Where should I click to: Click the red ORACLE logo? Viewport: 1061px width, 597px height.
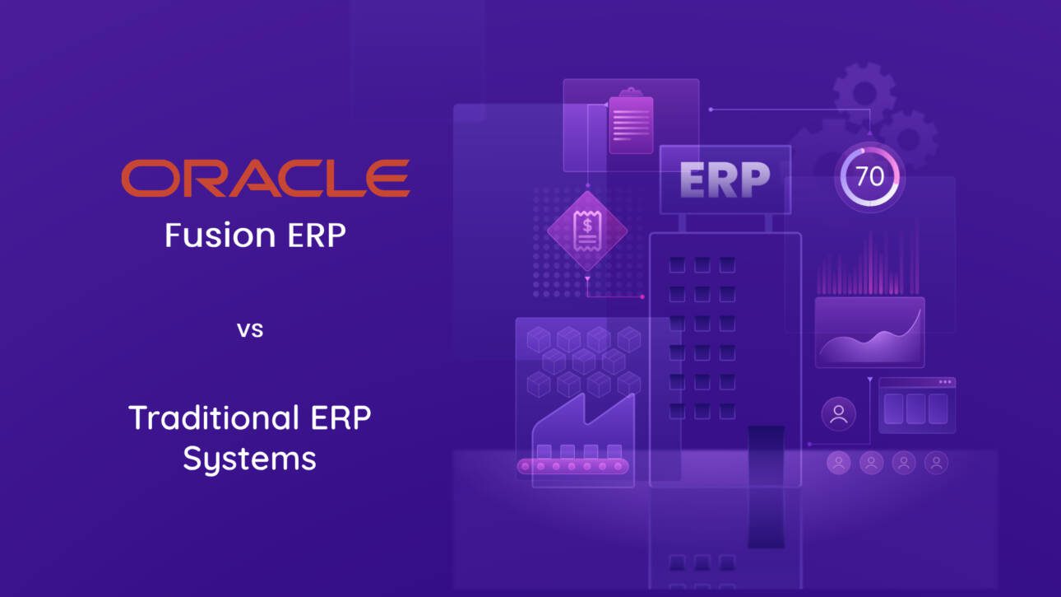265,179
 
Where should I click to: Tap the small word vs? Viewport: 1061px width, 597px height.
250,330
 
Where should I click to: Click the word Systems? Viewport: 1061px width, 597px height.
249,459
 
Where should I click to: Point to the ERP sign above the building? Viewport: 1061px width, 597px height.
725,178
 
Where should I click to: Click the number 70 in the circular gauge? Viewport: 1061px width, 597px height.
869,176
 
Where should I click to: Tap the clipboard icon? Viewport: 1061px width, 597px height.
631,123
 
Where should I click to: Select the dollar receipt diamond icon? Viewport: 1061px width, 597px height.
586,231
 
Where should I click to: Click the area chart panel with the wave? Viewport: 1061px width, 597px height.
869,332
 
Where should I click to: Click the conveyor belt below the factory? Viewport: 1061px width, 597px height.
572,467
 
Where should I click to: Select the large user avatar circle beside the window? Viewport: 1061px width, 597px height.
839,414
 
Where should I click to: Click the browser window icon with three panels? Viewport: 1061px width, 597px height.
917,405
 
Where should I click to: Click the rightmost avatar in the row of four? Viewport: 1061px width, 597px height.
936,463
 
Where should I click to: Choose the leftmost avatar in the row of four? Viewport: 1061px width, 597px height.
839,463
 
